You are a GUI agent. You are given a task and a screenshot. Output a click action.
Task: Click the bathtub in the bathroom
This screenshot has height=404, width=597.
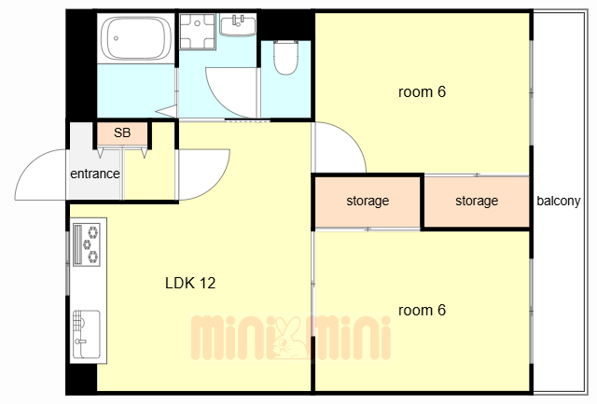(x=135, y=38)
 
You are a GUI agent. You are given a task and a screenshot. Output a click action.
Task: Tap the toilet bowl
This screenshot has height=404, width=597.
(x=285, y=57)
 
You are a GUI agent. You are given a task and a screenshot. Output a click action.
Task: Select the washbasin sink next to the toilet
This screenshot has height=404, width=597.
(x=238, y=24)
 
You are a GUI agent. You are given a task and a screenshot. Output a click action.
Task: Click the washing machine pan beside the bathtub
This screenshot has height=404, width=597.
(x=198, y=31)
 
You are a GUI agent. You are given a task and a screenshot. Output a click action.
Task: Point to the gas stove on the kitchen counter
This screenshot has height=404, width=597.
(x=87, y=244)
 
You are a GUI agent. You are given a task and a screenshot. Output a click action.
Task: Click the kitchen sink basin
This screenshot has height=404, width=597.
(x=87, y=334)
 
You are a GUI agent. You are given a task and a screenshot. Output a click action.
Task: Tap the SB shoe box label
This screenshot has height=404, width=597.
(x=122, y=132)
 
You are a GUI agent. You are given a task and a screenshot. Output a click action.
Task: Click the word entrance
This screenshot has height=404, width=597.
(x=95, y=174)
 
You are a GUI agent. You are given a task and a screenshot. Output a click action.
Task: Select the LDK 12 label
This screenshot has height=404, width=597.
(x=190, y=283)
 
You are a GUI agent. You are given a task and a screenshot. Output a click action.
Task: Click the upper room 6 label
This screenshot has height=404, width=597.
(x=422, y=91)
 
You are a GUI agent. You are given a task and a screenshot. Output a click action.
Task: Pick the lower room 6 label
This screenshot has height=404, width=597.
(x=422, y=311)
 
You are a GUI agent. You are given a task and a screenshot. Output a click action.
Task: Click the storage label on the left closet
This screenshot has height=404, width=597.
(x=368, y=201)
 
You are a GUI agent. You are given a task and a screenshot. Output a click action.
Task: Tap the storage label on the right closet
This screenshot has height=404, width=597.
(x=477, y=201)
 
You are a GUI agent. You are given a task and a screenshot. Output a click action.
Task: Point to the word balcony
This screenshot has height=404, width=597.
(x=559, y=201)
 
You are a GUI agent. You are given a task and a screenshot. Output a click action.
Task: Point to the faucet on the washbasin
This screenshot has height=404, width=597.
(x=239, y=21)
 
